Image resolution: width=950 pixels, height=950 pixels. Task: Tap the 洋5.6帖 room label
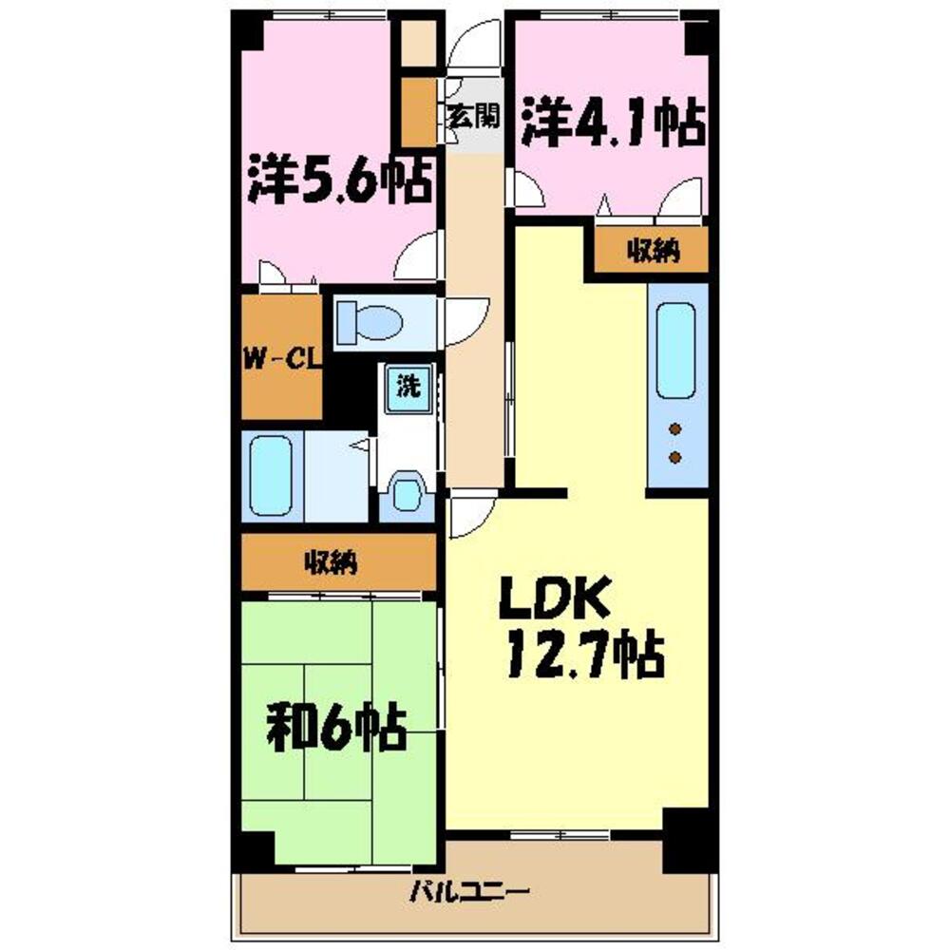(336, 180)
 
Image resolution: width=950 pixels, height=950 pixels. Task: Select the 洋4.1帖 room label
(612, 123)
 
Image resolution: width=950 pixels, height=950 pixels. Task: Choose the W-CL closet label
(281, 360)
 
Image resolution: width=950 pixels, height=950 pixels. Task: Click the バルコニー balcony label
(469, 892)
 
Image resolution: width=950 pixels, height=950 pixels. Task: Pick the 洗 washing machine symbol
(408, 387)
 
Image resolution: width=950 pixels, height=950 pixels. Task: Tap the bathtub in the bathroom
(270, 475)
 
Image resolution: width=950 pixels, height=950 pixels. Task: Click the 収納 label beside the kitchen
(653, 251)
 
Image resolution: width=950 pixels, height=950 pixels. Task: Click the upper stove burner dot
(676, 429)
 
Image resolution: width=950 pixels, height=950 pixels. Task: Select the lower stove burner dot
(676, 458)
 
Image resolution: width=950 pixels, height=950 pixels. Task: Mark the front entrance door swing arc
(471, 45)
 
